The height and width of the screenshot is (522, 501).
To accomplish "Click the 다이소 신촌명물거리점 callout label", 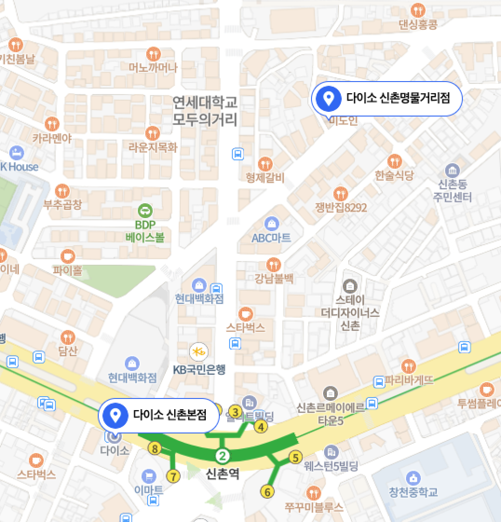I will (x=386, y=98).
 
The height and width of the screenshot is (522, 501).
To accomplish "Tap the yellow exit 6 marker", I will (x=267, y=491).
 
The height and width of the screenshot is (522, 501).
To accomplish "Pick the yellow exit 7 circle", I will (x=173, y=476).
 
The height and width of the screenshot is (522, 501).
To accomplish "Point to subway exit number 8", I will (x=154, y=449).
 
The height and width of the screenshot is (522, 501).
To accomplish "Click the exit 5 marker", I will (x=295, y=458).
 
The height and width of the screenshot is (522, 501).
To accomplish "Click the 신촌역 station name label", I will (x=223, y=474).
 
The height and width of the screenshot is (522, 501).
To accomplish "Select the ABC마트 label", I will (x=271, y=238).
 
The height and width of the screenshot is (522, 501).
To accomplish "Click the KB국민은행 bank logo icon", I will (x=199, y=351).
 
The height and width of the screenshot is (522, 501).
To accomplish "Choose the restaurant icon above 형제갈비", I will (x=265, y=164).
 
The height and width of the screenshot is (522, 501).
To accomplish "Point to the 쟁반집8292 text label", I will (x=341, y=207).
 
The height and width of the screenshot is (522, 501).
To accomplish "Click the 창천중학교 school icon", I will (x=413, y=478).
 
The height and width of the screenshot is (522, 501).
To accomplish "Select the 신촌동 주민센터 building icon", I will (x=452, y=170).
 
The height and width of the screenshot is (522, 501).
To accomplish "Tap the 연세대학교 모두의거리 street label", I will (x=205, y=110).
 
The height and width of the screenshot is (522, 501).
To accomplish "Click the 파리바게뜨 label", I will (x=409, y=380).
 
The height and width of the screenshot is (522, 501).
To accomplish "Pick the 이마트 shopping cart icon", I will (x=149, y=476).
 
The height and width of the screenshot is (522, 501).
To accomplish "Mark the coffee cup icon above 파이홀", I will (x=68, y=256).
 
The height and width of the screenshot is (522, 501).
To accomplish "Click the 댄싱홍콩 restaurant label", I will (x=418, y=24).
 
